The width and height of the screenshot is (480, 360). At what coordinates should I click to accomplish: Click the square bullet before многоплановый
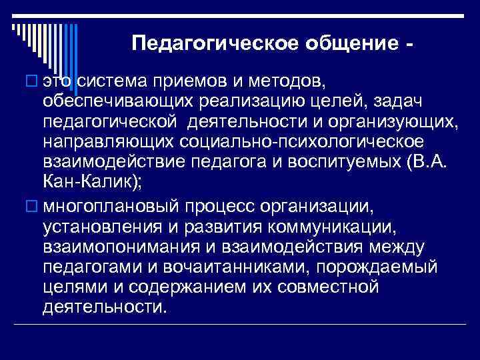click(31, 203)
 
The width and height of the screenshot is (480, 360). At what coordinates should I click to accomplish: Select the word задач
click(400, 101)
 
